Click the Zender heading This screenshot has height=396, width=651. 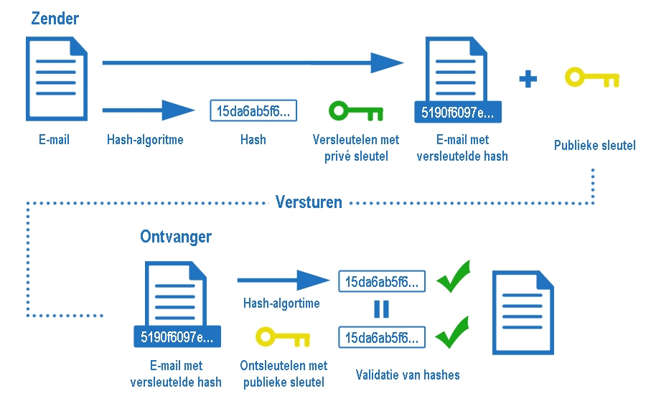(55, 19)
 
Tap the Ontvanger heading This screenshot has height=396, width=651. (176, 236)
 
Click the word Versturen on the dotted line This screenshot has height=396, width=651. (309, 202)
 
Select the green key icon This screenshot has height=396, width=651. (355, 111)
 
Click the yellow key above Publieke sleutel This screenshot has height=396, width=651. (591, 77)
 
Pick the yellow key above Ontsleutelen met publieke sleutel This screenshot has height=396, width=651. (283, 337)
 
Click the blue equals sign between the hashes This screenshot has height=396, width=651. (381, 309)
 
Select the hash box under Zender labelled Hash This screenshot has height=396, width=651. (253, 111)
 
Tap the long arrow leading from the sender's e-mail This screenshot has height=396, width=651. (251, 62)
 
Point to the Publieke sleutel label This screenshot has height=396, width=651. (594, 146)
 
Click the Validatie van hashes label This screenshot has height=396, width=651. (408, 374)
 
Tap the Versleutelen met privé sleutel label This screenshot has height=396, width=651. (356, 147)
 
